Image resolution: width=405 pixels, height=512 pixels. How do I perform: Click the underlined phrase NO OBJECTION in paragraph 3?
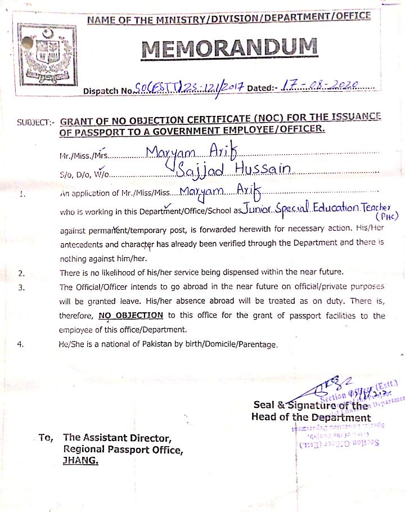pos(130,316)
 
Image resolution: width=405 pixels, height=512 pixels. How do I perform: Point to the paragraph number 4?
pos(21,344)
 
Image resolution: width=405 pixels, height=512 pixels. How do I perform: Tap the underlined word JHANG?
pos(81,461)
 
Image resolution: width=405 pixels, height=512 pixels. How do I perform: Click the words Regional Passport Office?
pos(123,450)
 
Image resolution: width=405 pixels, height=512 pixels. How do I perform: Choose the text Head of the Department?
pos(311,417)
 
